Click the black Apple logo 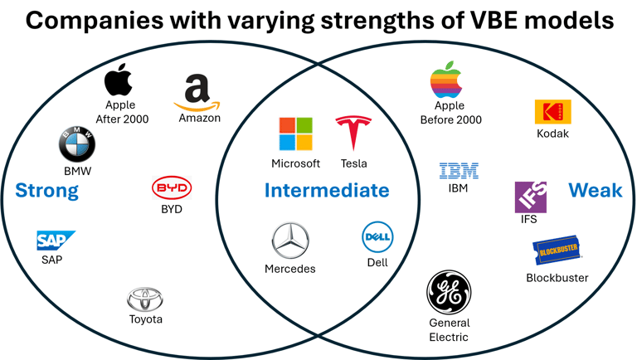point(119,81)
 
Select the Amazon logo point(198,93)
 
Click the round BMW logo point(77,145)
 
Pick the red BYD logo point(172,188)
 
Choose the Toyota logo point(146,299)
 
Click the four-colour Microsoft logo point(295,134)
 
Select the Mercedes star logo point(290,241)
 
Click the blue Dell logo point(377,238)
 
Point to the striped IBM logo point(458,172)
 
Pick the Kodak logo point(552,112)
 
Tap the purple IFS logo point(530,197)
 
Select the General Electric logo point(449,293)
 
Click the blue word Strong point(47,191)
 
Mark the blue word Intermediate point(326,191)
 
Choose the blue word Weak point(595,190)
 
